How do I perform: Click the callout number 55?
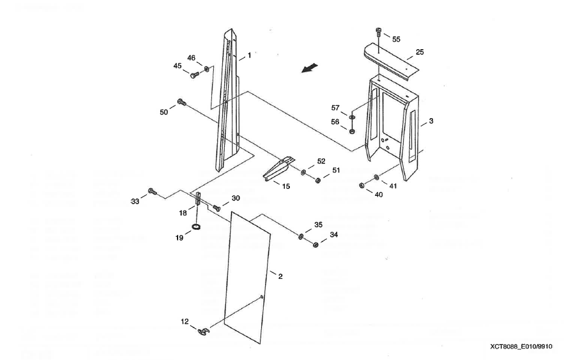397,39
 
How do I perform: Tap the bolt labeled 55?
378,31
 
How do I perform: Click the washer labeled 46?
206,68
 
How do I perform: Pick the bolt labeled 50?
182,101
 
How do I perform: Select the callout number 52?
321,161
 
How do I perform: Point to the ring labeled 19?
197,228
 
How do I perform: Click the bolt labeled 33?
152,191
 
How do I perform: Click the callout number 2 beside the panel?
280,276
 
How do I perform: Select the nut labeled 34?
315,245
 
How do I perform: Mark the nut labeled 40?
361,186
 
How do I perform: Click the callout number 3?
431,120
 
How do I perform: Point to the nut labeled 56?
352,131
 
